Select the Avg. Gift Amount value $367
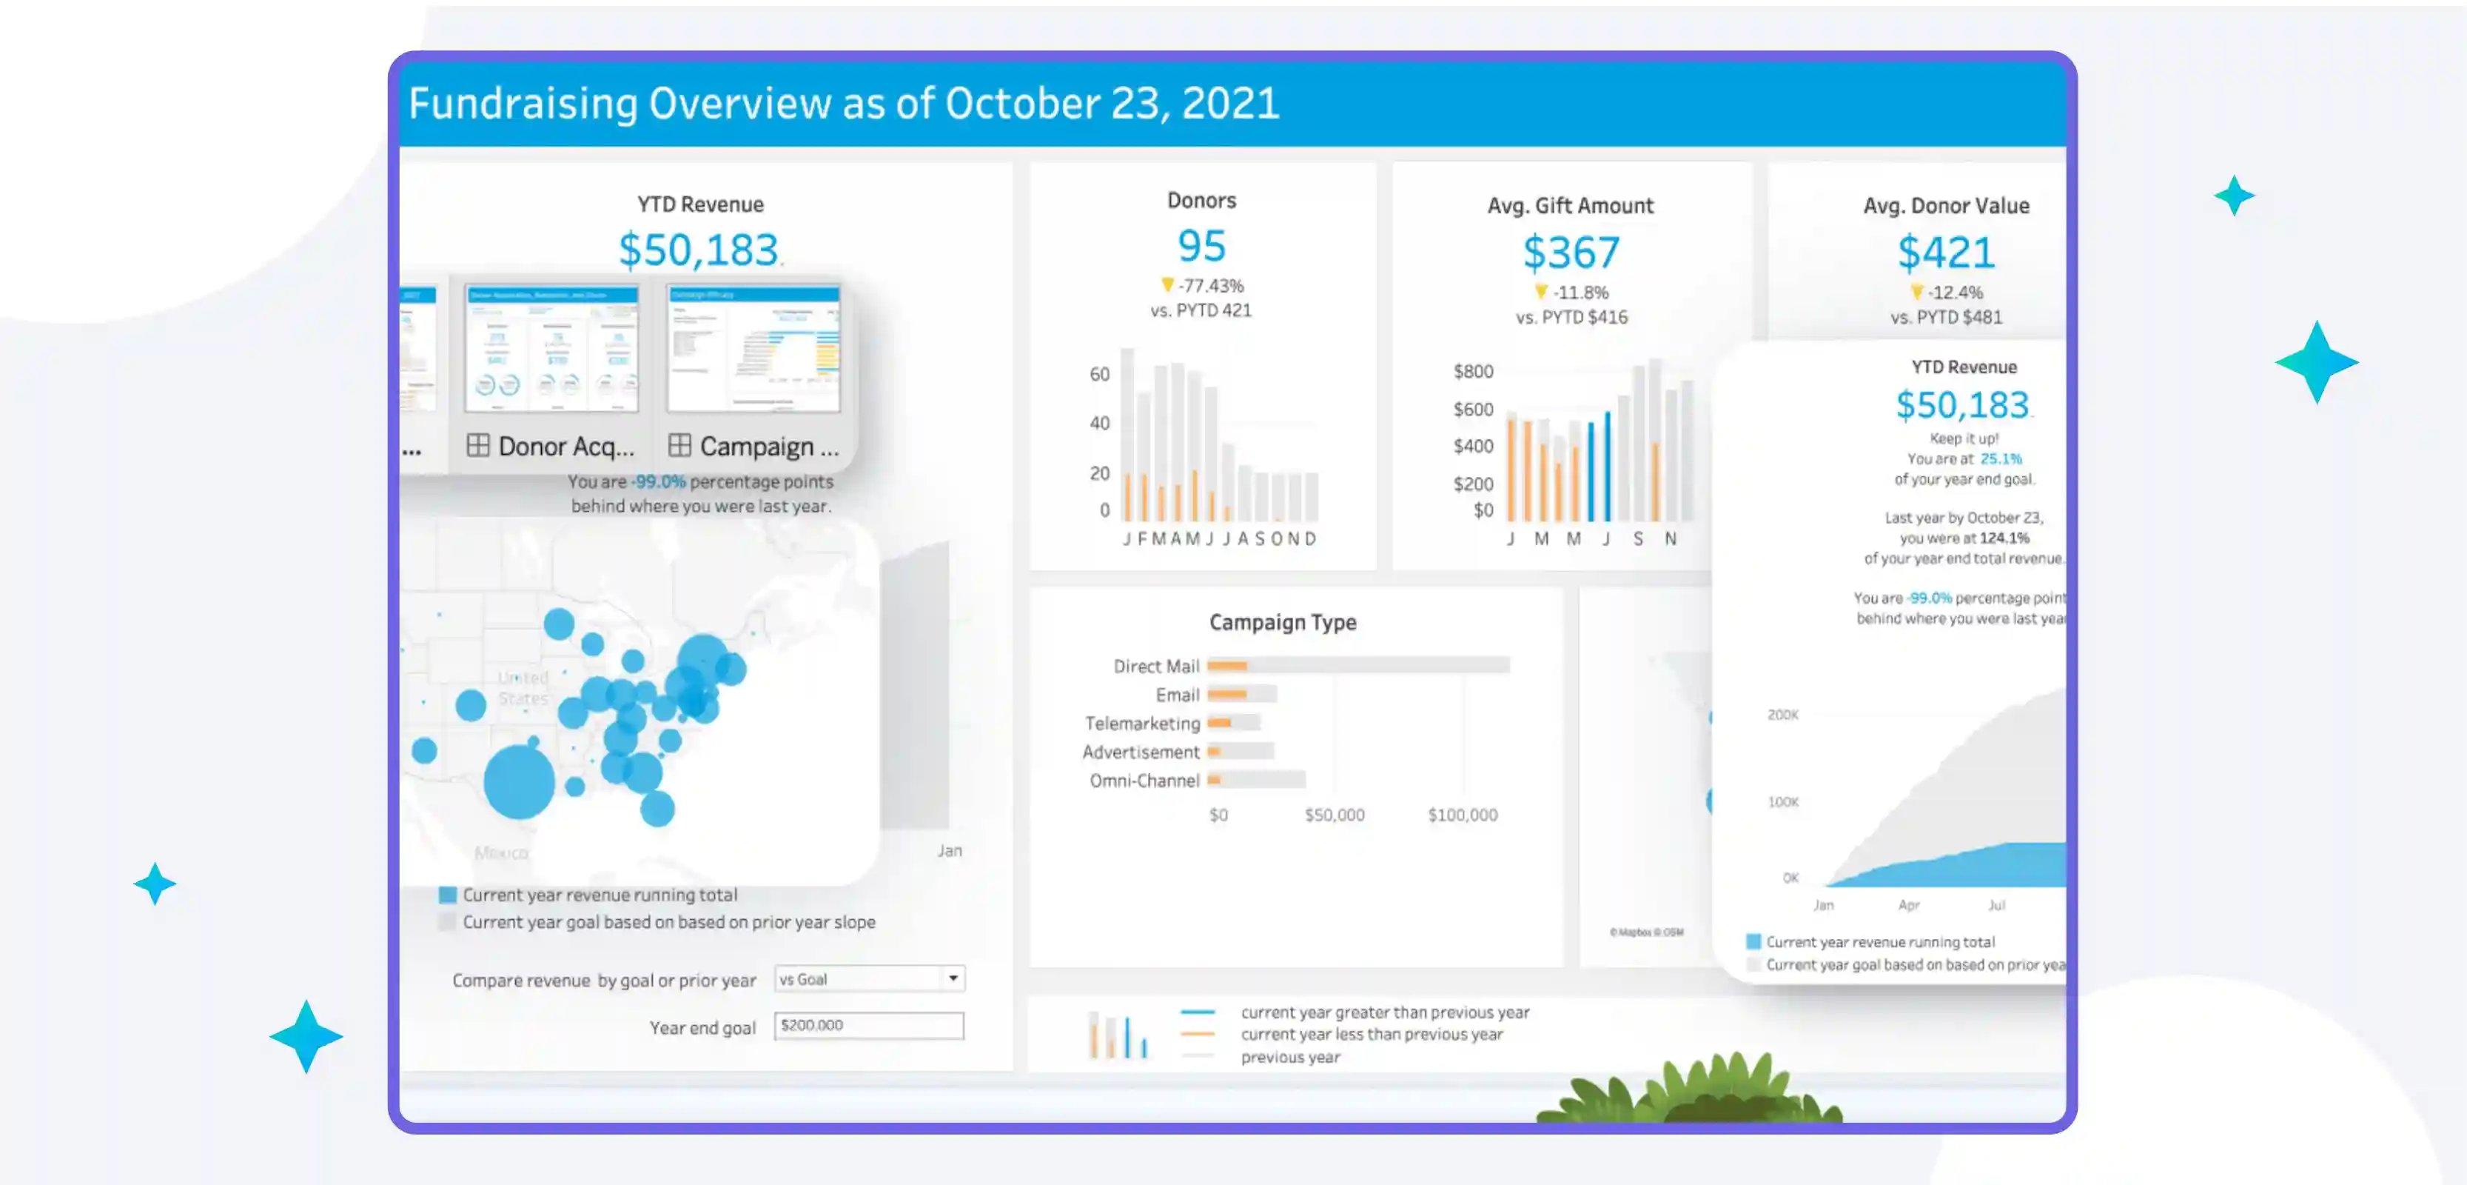coord(1571,253)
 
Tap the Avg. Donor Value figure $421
coord(1945,253)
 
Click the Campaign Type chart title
coord(1282,623)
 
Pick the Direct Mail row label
coord(1156,666)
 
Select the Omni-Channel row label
coord(1144,781)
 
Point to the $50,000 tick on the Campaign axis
coord(1334,815)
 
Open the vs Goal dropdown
coord(869,979)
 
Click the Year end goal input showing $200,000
coord(869,1026)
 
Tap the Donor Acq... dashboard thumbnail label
coord(565,447)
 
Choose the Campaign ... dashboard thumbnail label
coord(768,447)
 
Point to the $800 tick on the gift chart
coord(1473,372)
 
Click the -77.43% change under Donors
coord(1210,285)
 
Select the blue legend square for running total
coord(447,895)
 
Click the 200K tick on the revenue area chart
coord(1782,715)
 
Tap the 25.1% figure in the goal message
coord(2001,459)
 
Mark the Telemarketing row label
coord(1141,724)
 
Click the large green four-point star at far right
coord(2316,362)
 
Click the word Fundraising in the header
coord(523,104)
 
